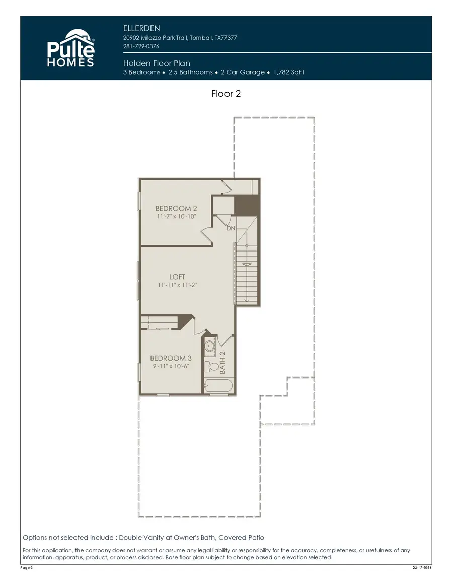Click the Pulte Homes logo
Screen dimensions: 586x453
[x=70, y=48]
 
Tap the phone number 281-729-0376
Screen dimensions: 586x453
[x=141, y=46]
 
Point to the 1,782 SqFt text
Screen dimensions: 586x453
[x=288, y=72]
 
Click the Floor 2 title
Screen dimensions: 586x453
[x=226, y=94]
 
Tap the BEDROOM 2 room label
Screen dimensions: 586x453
[x=176, y=208]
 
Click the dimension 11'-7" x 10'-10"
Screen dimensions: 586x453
[x=176, y=216]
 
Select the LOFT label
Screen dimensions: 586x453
[x=177, y=277]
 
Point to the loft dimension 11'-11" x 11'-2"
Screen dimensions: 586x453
[x=177, y=285]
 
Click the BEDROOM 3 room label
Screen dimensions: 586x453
[x=171, y=358]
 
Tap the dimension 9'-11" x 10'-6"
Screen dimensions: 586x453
[x=171, y=366]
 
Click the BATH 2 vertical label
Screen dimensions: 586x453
[x=223, y=363]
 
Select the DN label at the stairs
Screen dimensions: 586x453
[x=231, y=228]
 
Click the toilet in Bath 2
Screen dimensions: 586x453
[x=210, y=367]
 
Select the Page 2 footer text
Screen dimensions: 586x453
[x=27, y=567]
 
